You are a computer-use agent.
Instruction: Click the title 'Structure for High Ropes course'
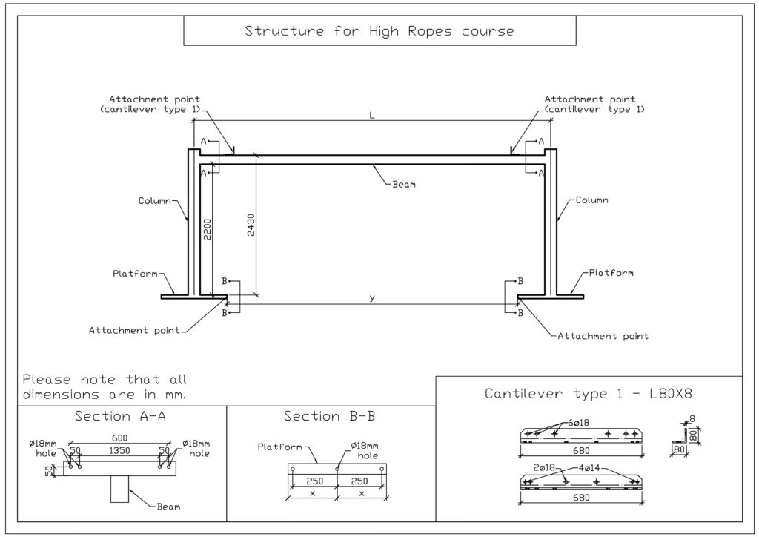click(379, 31)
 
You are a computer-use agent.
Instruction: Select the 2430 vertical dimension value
click(251, 225)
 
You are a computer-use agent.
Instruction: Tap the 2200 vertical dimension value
click(208, 231)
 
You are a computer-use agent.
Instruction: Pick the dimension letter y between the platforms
click(373, 298)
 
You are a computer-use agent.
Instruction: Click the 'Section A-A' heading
click(120, 416)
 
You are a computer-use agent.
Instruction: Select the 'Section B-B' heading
click(330, 416)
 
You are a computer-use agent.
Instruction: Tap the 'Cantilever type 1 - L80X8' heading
click(588, 393)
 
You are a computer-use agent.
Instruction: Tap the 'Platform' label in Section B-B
click(278, 447)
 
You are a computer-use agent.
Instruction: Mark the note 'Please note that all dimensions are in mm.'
click(105, 386)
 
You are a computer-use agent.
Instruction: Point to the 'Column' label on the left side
click(153, 201)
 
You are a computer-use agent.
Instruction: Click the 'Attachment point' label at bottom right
click(603, 336)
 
